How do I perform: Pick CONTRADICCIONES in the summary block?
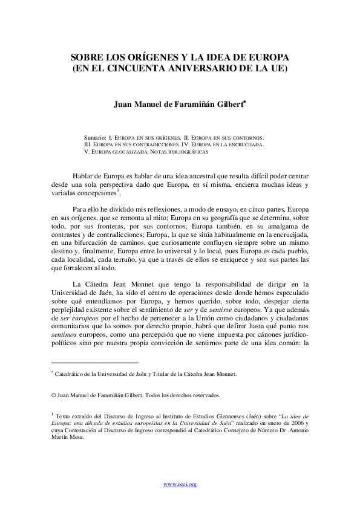[x=160, y=145]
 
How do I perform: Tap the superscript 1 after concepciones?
[x=117, y=190]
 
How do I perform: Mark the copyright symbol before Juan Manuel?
[x=53, y=395]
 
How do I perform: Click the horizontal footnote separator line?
[x=95, y=362]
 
